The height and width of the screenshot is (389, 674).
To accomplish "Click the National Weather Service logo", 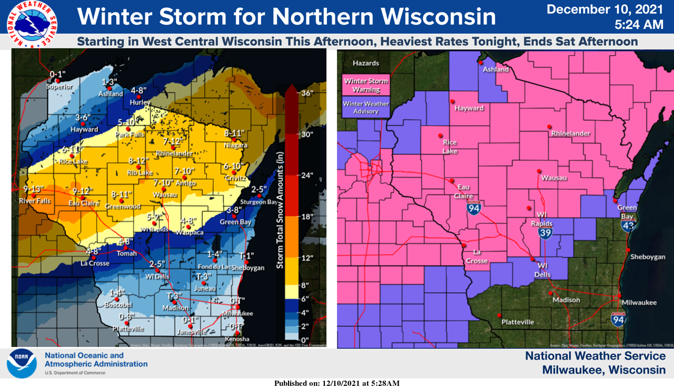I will [x=32, y=24].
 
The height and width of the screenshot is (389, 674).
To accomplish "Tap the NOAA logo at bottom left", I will [x=22, y=364].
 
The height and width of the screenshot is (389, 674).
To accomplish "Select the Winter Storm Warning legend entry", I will [x=366, y=85].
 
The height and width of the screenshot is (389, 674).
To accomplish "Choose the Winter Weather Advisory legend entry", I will [x=366, y=107].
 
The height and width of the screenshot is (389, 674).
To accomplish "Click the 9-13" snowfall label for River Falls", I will [x=33, y=188].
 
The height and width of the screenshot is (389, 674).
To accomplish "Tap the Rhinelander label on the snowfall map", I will [x=172, y=153].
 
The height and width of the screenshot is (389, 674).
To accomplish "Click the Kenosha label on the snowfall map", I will [x=236, y=339].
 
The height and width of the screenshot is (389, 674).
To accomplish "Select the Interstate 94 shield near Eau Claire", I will [x=473, y=209].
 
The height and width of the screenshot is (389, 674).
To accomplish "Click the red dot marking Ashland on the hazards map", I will [x=480, y=62].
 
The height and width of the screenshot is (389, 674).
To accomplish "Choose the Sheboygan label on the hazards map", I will [x=647, y=257].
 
